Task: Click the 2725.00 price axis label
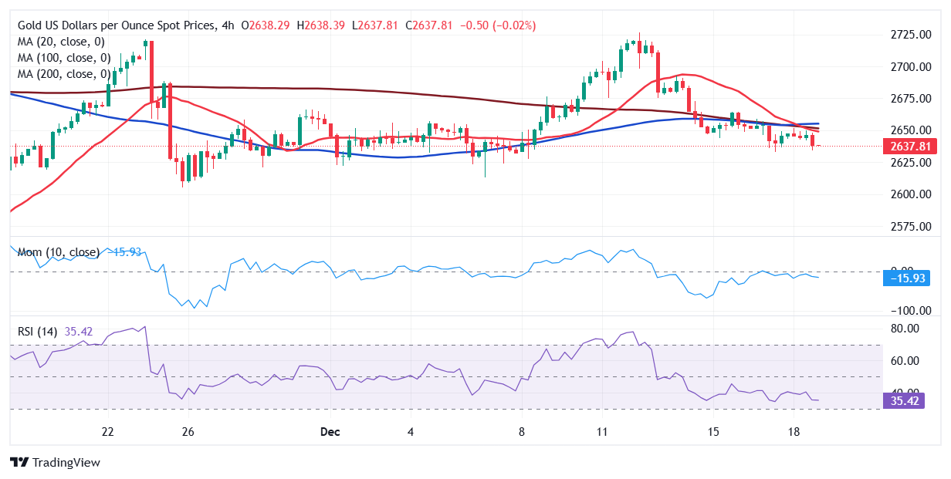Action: (x=910, y=35)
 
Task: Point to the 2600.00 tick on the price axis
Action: (x=910, y=194)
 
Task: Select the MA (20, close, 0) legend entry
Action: (x=61, y=42)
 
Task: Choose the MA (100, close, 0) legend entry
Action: (x=64, y=58)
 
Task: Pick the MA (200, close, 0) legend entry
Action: (x=64, y=74)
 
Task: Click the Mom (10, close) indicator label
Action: (x=59, y=252)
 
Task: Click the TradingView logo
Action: (x=56, y=462)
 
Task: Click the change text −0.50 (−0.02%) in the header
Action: (x=498, y=25)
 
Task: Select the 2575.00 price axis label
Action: (x=910, y=227)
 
